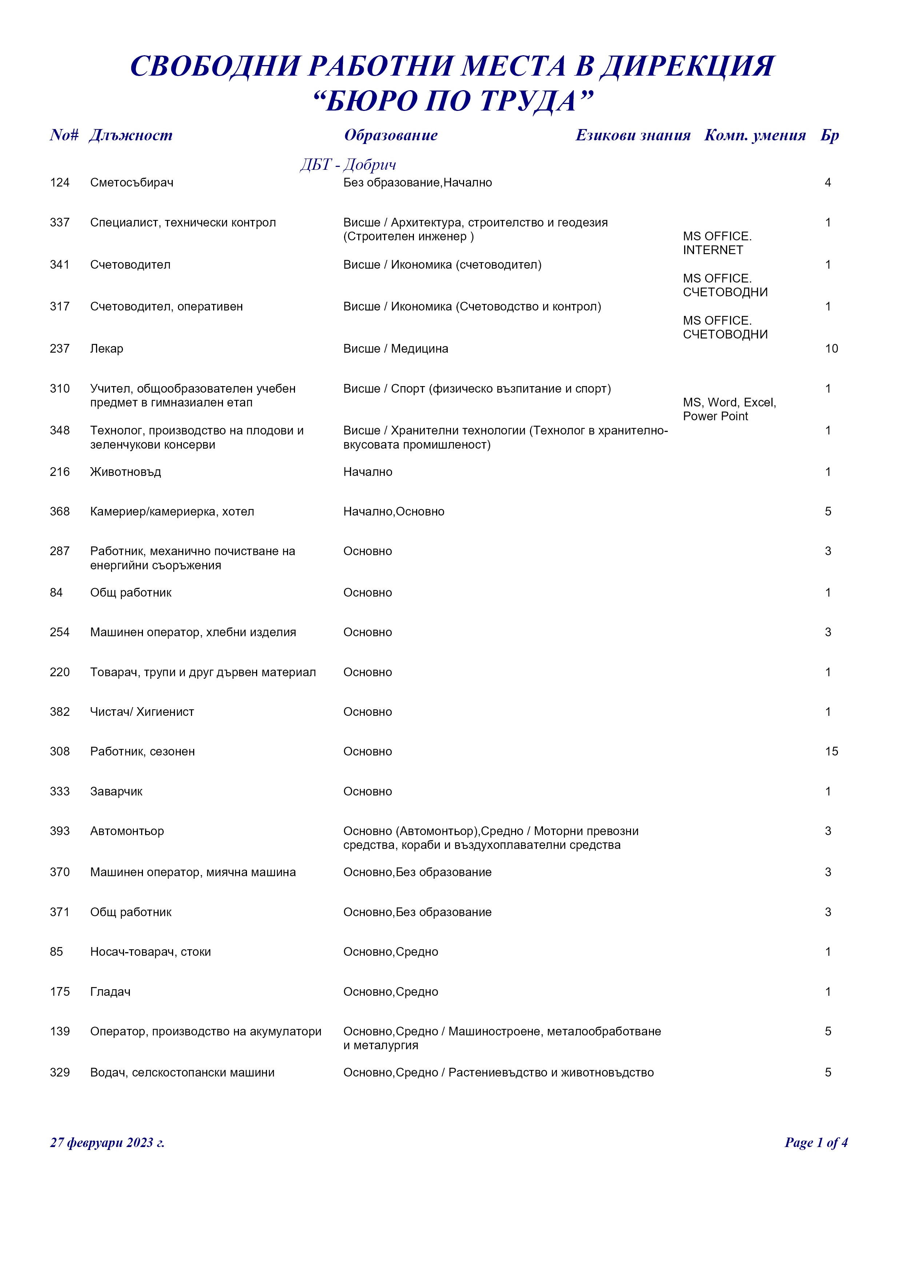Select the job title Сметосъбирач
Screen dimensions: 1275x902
point(132,183)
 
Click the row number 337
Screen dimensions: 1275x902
point(59,223)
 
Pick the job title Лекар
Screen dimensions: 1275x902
point(107,349)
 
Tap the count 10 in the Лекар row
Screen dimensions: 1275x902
point(831,349)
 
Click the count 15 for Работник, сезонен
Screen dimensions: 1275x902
point(831,751)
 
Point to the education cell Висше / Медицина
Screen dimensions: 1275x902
point(395,349)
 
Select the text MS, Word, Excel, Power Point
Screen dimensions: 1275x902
point(729,409)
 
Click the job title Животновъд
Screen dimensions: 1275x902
point(125,472)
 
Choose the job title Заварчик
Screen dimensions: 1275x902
point(116,791)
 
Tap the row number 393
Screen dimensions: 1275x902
point(59,831)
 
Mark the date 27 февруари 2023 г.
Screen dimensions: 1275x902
point(107,1143)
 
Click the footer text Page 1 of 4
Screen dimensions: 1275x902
point(815,1143)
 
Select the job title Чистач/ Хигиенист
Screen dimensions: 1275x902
point(142,712)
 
